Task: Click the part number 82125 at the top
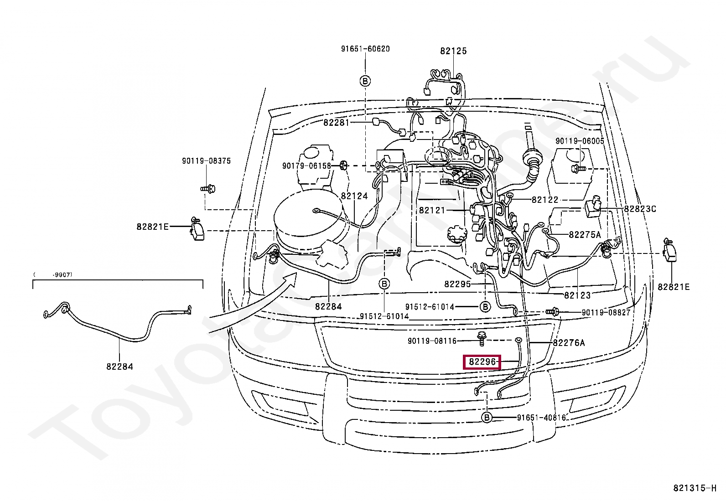point(453,51)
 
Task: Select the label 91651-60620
point(365,49)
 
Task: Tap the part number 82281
point(336,123)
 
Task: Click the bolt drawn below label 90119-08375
point(208,188)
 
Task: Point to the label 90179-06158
point(306,165)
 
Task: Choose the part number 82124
point(354,196)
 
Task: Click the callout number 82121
point(432,210)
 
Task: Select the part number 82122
point(544,200)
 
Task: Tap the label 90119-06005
point(580,141)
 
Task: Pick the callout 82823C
point(640,209)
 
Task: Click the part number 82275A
point(585,235)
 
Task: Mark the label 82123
point(577,295)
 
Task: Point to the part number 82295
point(457,284)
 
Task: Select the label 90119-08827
point(606,313)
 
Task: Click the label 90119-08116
point(432,341)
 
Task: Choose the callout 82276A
point(569,343)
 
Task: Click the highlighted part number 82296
point(482,362)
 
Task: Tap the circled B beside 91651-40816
point(487,418)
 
